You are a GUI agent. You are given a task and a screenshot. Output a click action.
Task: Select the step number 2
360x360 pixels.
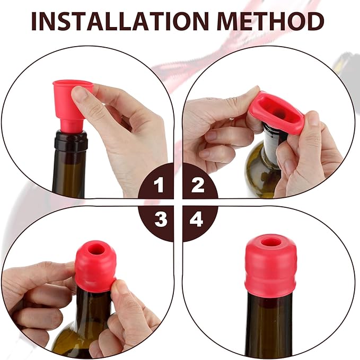tap(198, 186)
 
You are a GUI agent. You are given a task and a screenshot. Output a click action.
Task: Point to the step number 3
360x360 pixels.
tap(161, 219)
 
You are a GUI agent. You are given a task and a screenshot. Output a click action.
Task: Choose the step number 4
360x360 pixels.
tap(197, 219)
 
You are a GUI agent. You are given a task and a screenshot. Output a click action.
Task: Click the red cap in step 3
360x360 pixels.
tap(96, 265)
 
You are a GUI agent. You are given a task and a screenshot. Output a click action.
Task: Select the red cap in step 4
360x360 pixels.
tap(270, 265)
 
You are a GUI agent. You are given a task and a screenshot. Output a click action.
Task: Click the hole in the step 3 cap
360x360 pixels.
tap(96, 249)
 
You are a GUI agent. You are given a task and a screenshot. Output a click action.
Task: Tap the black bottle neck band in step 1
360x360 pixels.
tap(71, 142)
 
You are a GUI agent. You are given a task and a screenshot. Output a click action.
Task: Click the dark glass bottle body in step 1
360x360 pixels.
tap(69, 175)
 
